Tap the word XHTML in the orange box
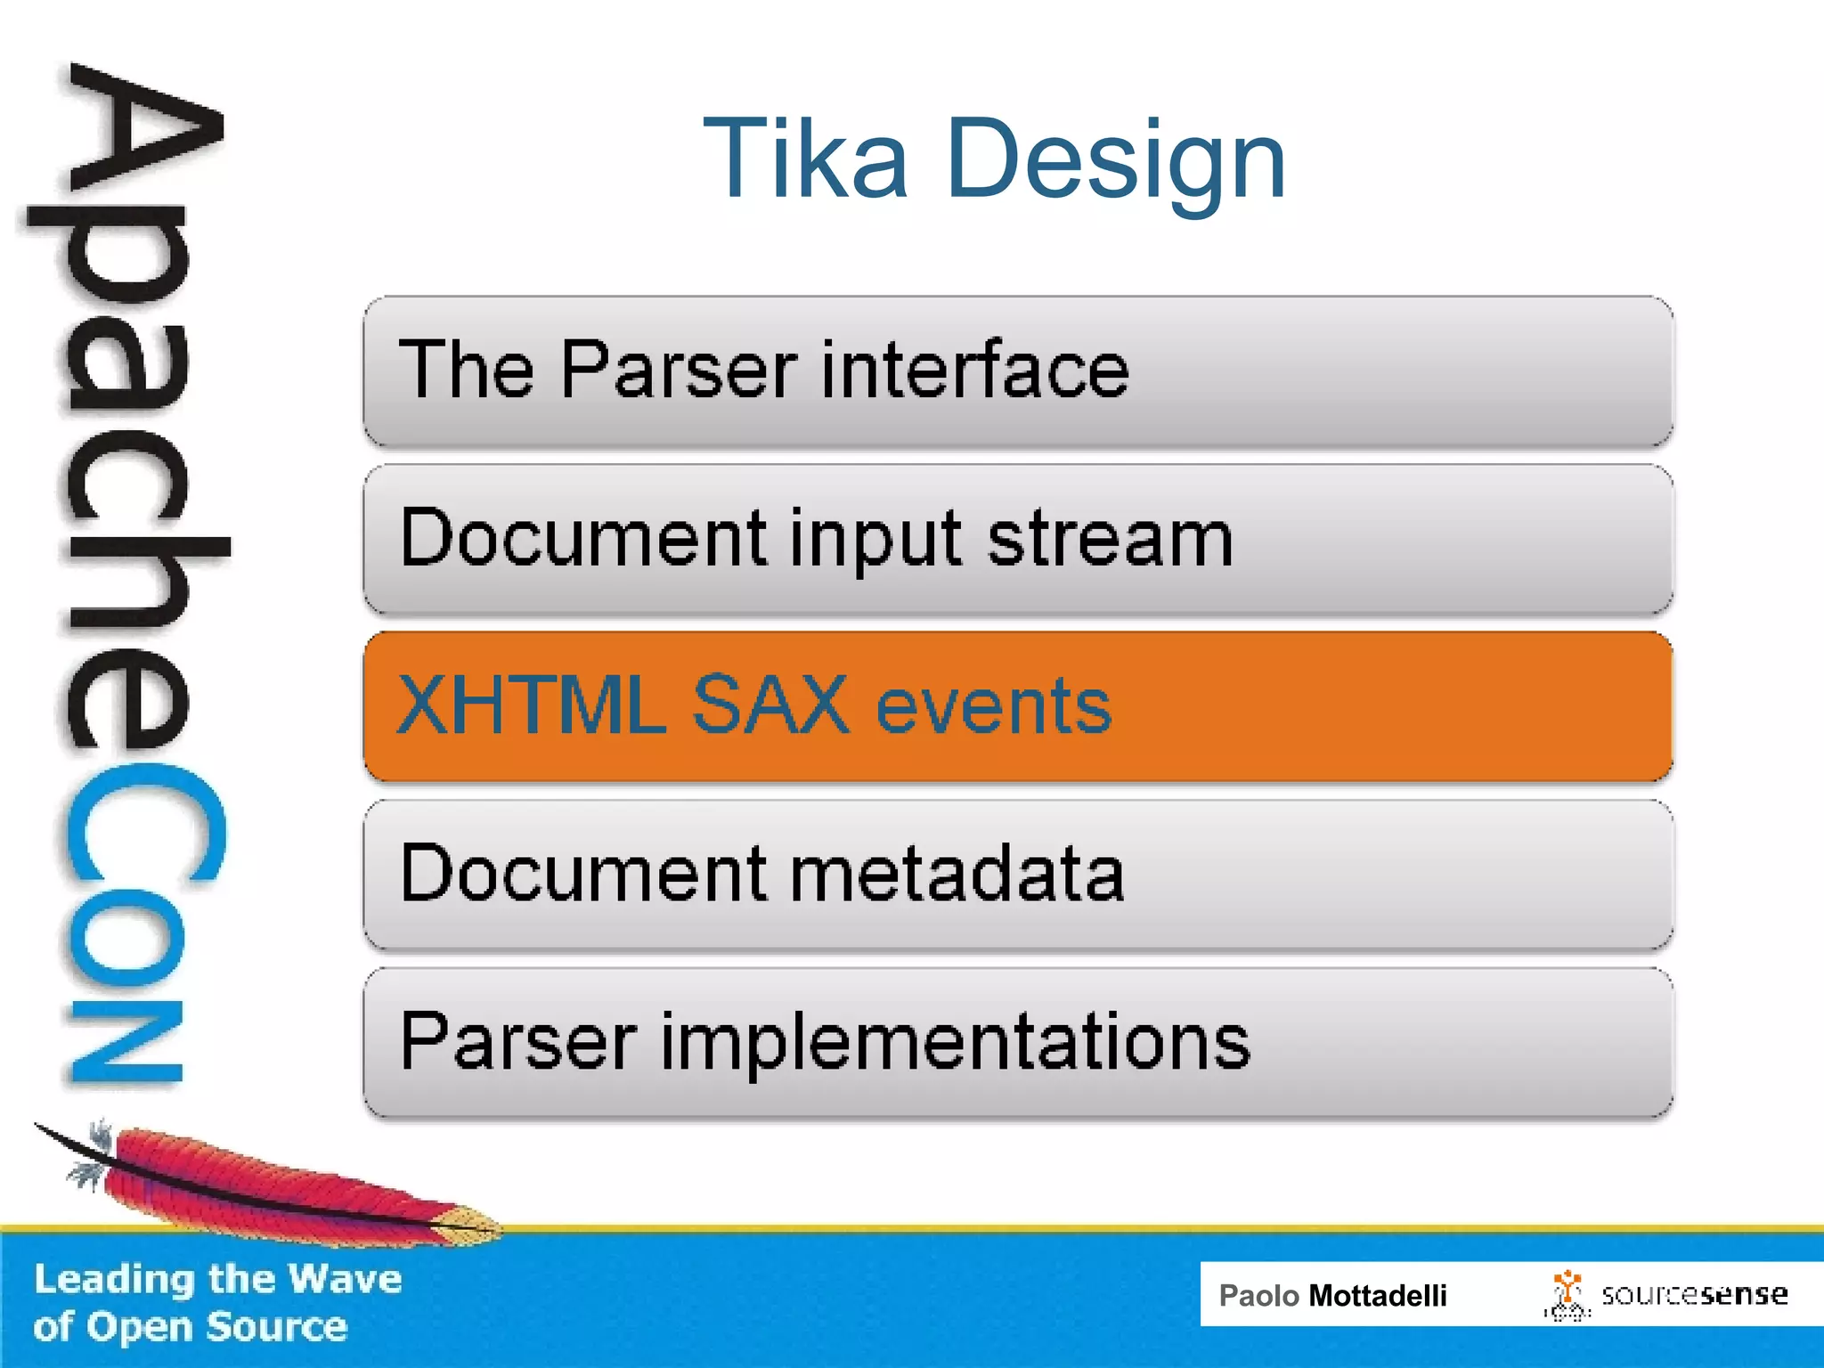click(531, 705)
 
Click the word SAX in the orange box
click(770, 705)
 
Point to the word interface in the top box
click(974, 370)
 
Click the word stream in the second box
click(1110, 539)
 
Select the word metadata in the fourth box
click(957, 874)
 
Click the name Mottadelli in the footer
click(1377, 1296)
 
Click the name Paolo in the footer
click(1258, 1296)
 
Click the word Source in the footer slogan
click(276, 1327)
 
